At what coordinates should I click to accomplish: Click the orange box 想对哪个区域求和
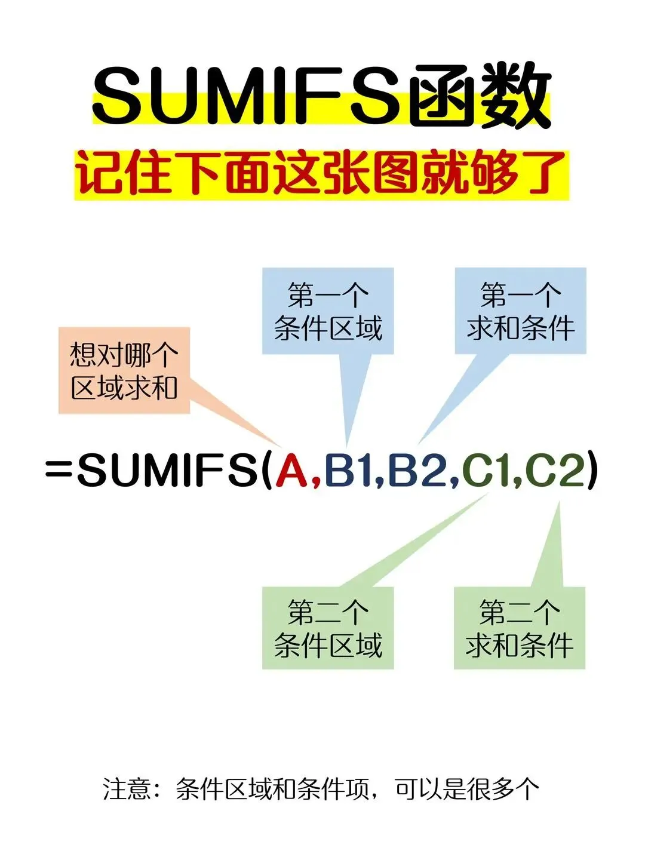tap(124, 370)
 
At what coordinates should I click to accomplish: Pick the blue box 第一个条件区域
tap(328, 311)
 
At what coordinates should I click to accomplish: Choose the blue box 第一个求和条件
tap(520, 311)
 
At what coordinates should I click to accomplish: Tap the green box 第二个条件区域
tap(328, 628)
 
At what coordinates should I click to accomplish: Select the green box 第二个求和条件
tap(520, 628)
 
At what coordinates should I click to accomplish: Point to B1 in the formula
tap(349, 469)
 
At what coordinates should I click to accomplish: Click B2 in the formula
tap(416, 469)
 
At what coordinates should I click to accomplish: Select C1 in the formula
tap(485, 469)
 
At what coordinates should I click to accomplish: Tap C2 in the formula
tap(554, 469)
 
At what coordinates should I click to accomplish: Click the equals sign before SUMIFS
tap(59, 469)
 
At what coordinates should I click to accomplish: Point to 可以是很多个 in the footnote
tap(466, 789)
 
